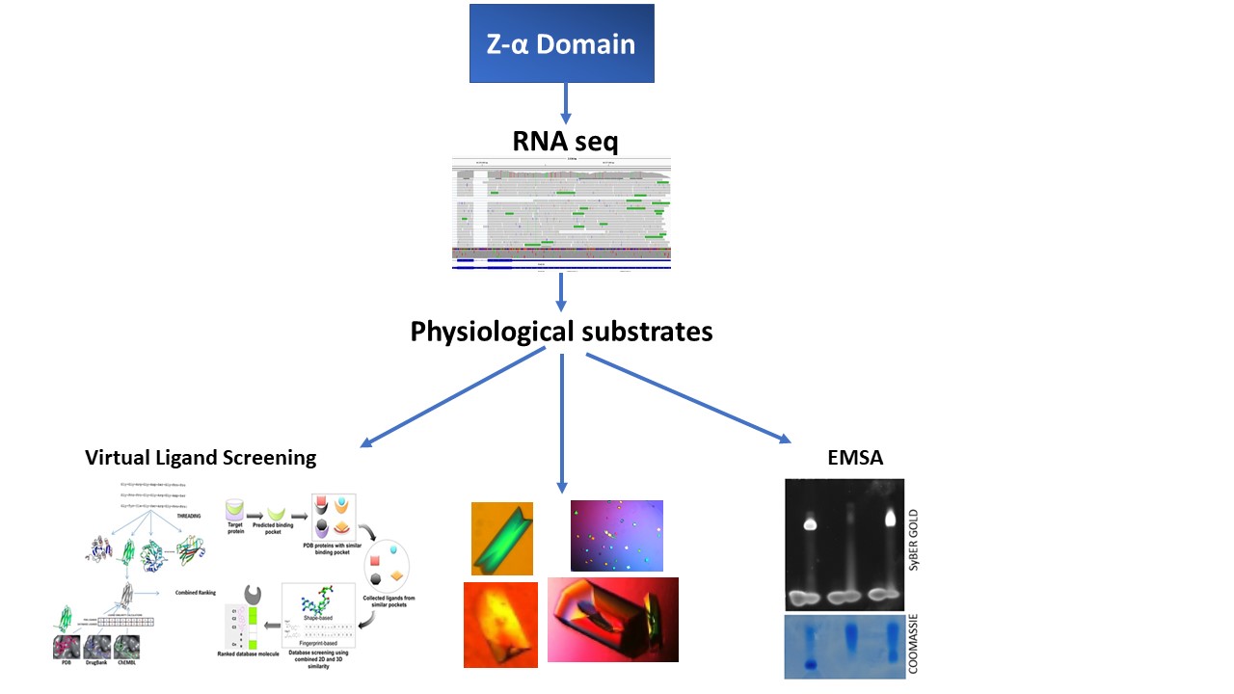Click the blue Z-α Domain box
(561, 43)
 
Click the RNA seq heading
(564, 142)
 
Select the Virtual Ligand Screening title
(201, 458)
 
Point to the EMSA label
(855, 459)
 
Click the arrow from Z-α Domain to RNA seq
(565, 104)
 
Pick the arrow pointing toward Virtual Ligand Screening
(453, 399)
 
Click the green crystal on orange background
(502, 538)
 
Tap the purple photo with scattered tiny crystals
(616, 535)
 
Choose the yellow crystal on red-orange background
(500, 625)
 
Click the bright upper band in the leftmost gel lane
(810, 525)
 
